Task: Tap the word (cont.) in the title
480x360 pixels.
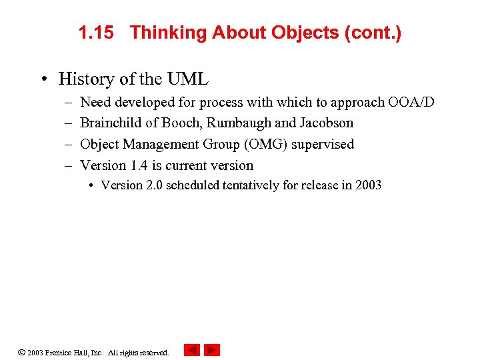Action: pos(373,33)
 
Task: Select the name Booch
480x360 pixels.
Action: pos(182,123)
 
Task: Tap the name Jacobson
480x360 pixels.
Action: pos(327,123)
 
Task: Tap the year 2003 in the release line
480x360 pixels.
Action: pos(368,185)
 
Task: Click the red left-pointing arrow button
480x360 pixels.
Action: pos(192,350)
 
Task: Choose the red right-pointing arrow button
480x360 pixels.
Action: pos(212,350)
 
